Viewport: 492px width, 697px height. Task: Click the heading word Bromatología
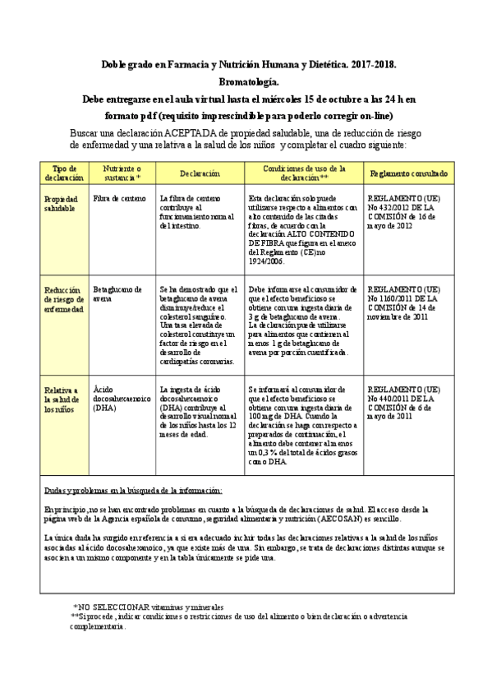click(x=247, y=82)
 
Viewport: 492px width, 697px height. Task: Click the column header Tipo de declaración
click(x=63, y=173)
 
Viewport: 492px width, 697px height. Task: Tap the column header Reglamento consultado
click(x=408, y=173)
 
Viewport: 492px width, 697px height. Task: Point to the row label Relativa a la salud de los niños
click(x=61, y=399)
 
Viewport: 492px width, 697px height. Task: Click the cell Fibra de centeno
click(x=119, y=199)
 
